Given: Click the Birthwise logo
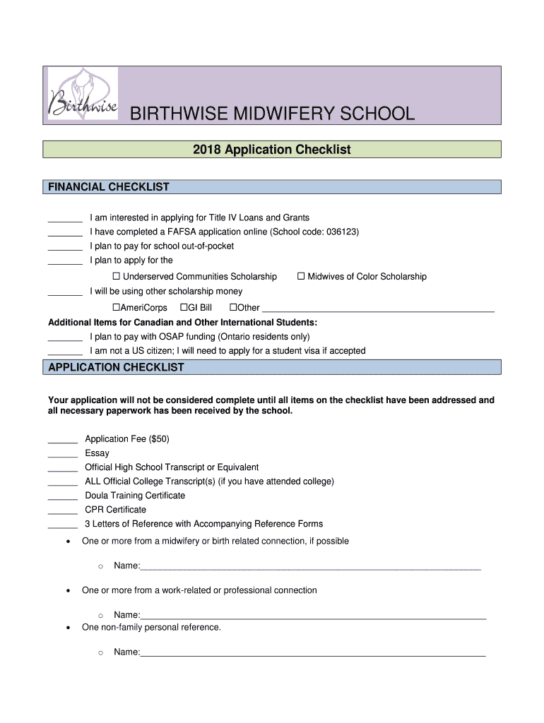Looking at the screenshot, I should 82,95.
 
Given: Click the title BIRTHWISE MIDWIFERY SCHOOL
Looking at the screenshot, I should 271,114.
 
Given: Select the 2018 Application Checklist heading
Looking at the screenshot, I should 272,150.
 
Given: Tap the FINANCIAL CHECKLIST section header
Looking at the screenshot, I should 108,187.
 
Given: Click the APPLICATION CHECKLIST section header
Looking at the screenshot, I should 116,367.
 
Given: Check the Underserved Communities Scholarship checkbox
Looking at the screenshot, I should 117,277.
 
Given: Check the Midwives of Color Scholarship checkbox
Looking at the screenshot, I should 301,277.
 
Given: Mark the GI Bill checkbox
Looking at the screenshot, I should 184,308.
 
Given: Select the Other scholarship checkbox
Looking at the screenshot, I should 234,308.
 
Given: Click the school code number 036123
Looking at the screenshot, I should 343,232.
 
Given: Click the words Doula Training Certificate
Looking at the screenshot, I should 135,496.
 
